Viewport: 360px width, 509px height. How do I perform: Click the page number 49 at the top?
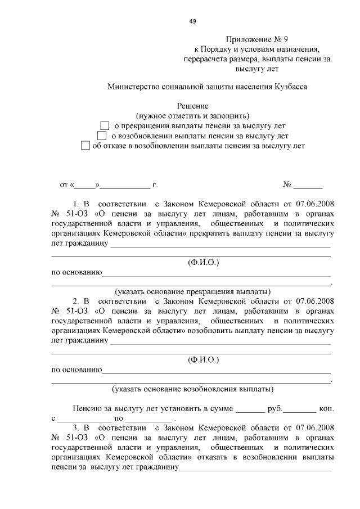click(192, 21)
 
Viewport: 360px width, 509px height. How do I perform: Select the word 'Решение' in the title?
click(193, 106)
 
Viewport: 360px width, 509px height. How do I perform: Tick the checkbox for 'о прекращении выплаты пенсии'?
click(104, 125)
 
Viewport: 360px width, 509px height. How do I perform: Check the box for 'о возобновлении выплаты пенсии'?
click(102, 136)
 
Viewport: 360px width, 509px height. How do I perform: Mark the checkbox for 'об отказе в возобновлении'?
click(85, 145)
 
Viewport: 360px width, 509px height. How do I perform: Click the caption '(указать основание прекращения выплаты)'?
click(192, 291)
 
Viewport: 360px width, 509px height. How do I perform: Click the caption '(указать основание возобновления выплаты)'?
click(192, 389)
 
